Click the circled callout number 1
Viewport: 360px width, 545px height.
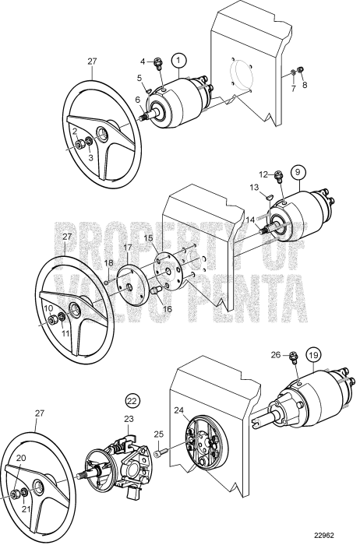tap(178, 59)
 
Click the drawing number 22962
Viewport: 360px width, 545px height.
tap(336, 536)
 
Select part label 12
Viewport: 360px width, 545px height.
tap(263, 174)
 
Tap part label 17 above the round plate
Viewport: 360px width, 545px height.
tap(129, 248)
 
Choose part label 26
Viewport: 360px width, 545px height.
tap(275, 355)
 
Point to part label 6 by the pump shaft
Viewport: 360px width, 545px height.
tap(137, 99)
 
